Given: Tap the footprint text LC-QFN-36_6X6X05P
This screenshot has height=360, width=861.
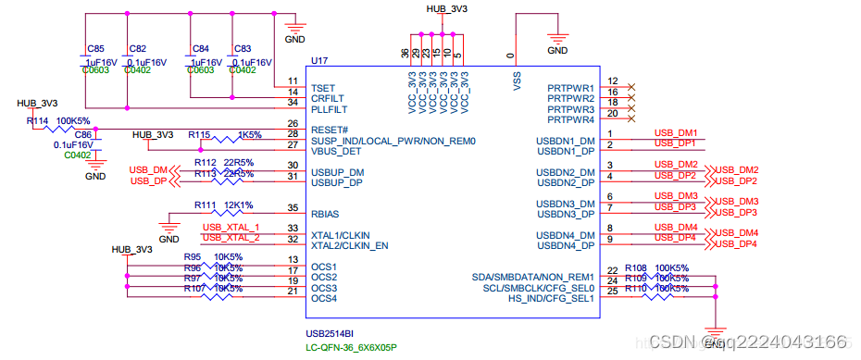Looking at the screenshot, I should (352, 348).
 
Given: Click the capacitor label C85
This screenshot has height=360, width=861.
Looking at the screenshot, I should (95, 48).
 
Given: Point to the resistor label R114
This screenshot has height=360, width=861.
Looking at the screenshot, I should (37, 121).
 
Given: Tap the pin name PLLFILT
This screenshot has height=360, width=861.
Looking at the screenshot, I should (329, 109).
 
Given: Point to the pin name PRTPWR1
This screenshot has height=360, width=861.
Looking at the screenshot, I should (570, 88).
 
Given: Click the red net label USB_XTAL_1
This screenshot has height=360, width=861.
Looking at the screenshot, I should (231, 227).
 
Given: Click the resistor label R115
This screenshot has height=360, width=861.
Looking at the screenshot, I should (199, 134).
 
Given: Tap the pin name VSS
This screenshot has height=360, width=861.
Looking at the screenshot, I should (517, 82).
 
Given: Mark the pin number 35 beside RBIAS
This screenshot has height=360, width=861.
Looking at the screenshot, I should (293, 208).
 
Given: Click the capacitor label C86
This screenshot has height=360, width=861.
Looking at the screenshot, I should (83, 134).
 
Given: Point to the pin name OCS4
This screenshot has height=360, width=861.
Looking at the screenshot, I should (323, 298).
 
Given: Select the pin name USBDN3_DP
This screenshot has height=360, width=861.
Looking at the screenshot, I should (566, 214).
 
